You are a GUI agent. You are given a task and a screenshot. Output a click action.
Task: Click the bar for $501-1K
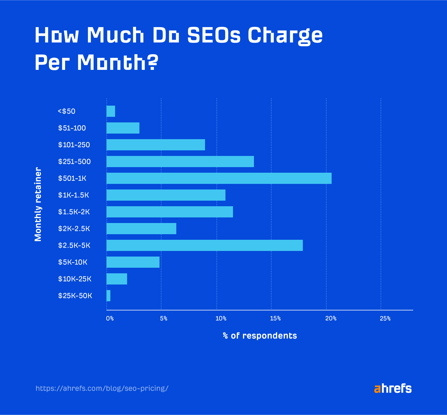point(219,178)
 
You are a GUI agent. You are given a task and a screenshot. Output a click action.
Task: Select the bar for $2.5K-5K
point(205,245)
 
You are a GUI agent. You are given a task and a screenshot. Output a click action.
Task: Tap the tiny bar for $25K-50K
point(108,296)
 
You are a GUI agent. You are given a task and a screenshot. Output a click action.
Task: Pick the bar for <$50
point(111,111)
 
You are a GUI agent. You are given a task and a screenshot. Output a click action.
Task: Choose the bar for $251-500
point(180,162)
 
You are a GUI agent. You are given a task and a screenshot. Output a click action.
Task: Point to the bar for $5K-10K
point(133,262)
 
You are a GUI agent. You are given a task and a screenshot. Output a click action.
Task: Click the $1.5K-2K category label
point(74,212)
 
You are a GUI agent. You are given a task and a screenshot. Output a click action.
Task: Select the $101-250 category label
point(74,145)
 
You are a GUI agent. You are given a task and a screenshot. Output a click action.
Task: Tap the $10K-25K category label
point(75,279)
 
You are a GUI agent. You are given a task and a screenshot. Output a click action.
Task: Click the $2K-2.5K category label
point(74,229)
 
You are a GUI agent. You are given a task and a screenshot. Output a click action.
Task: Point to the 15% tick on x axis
point(275,319)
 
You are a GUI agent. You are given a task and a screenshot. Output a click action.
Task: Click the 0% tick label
point(110,319)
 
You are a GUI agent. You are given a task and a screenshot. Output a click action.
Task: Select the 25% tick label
point(385,319)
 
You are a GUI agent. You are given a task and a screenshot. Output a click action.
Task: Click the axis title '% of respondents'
point(260,336)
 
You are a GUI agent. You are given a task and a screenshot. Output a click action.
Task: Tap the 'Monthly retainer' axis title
point(38,204)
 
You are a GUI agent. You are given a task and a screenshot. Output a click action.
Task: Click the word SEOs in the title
point(214,35)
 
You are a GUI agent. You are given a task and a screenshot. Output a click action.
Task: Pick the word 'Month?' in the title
point(118,62)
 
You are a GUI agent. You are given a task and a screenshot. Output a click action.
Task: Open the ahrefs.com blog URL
point(102,388)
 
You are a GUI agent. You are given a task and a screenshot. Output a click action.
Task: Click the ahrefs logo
point(393,388)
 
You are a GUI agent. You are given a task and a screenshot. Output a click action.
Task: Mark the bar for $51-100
point(123,128)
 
